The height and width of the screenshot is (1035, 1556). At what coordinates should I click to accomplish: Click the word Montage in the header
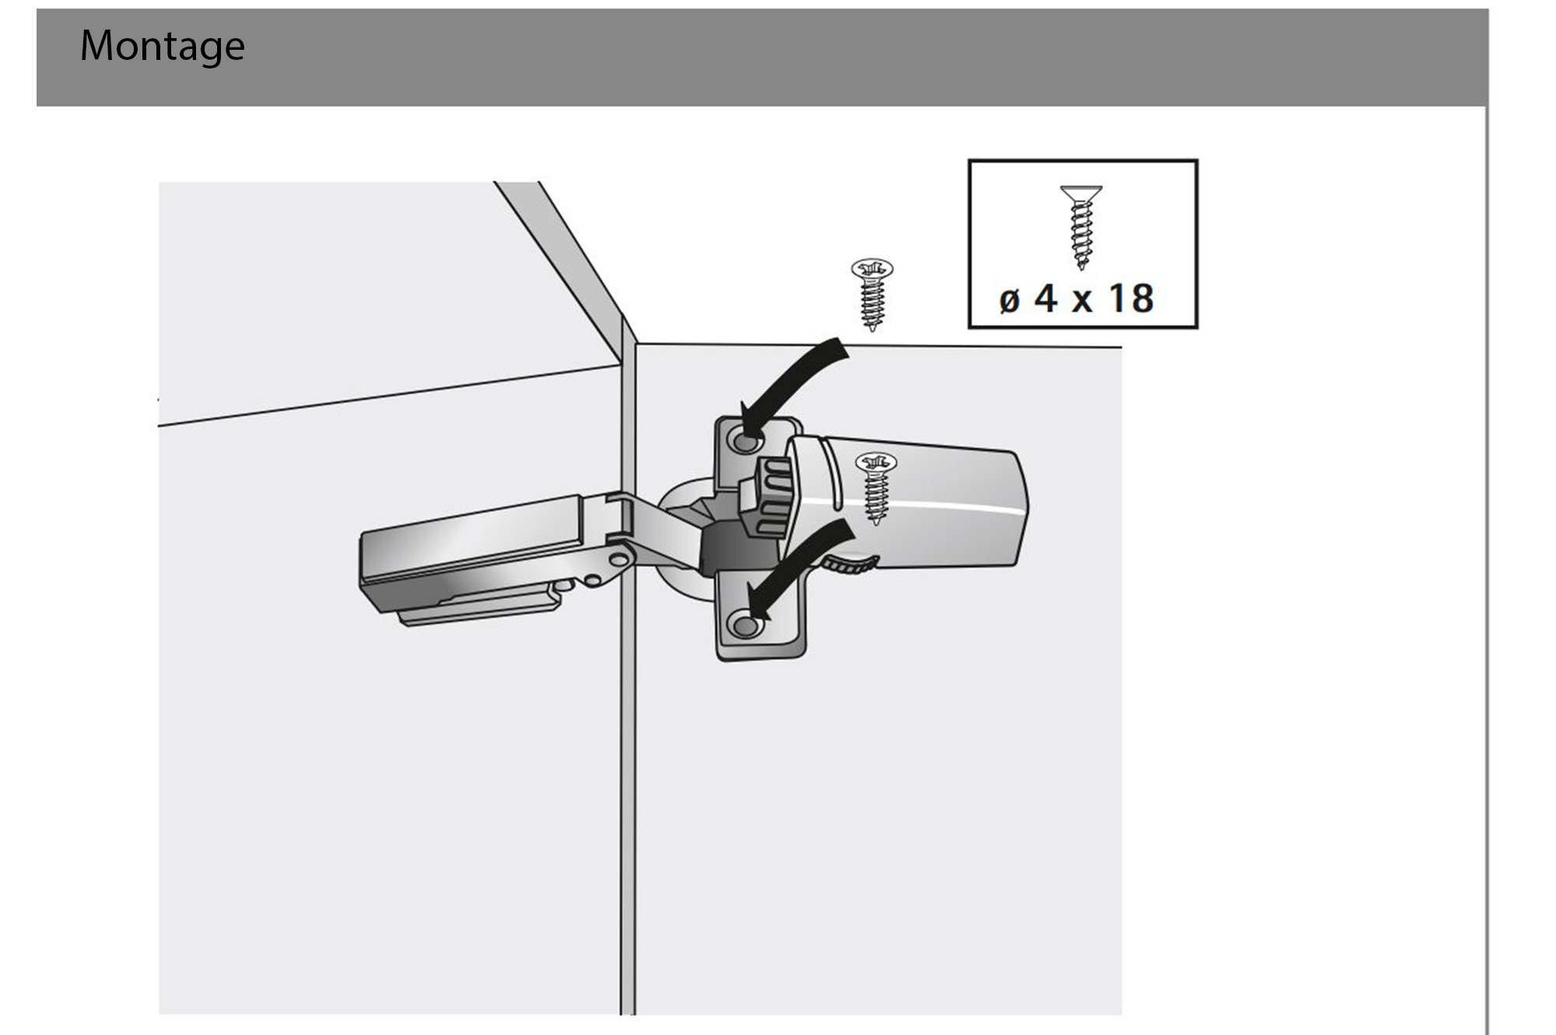click(x=163, y=47)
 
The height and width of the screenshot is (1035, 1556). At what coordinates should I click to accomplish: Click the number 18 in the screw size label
click(x=1131, y=298)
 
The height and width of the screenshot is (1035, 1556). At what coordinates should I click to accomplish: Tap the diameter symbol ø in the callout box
click(x=1010, y=300)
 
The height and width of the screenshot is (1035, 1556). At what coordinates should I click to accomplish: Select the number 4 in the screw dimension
click(x=1046, y=298)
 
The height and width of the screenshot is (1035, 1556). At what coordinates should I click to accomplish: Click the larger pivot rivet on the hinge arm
click(x=619, y=559)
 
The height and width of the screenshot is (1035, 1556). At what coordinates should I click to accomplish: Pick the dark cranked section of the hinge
click(x=727, y=549)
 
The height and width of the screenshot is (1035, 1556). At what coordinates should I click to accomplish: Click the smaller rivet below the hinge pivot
click(x=593, y=580)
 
